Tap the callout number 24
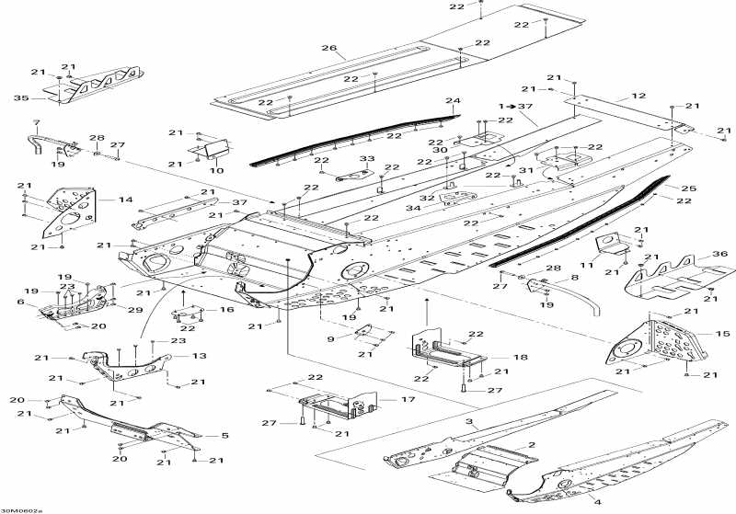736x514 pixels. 453,100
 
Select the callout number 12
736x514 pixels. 638,95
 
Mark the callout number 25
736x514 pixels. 688,188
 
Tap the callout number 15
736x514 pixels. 696,333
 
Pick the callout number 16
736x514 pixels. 226,311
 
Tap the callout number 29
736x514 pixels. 135,310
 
